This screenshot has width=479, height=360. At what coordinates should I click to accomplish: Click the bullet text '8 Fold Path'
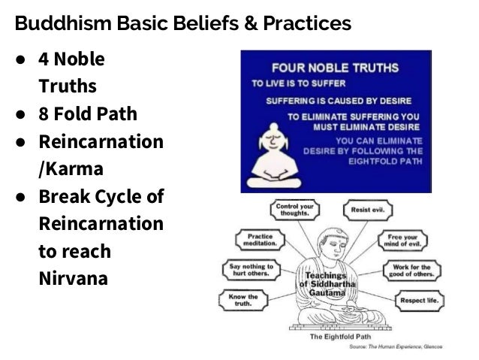click(x=88, y=116)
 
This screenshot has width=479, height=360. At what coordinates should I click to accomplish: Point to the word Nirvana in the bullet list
click(x=73, y=279)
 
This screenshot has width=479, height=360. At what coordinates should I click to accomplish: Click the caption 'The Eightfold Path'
click(x=334, y=336)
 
